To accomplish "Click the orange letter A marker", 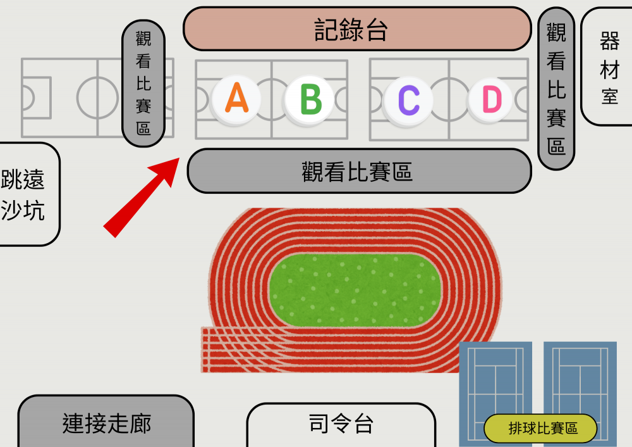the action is [236, 99].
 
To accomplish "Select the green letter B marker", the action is [310, 99].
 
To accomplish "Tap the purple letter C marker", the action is [409, 100].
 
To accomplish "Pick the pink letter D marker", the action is [491, 99].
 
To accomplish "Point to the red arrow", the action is [142, 197].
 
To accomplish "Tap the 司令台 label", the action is [341, 425].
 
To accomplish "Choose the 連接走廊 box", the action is [106, 421].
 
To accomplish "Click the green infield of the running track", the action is [355, 290].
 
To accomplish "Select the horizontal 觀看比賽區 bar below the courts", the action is [360, 171].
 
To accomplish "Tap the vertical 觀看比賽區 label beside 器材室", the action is [556, 89].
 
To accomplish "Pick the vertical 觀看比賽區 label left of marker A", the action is [143, 83].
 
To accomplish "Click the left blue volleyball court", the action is [495, 394].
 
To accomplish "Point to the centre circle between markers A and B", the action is [272, 99].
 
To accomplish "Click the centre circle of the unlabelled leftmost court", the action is [97, 98].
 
